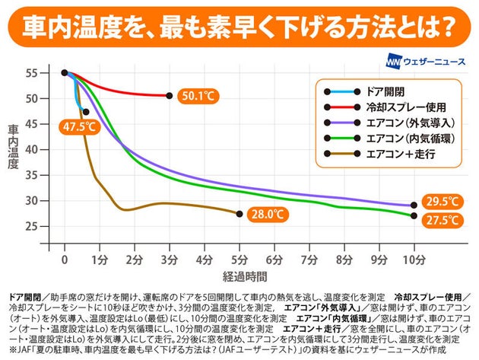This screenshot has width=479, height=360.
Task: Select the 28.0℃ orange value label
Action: tap(267, 215)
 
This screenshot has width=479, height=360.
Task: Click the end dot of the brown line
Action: tap(239, 214)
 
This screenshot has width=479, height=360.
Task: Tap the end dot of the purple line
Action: tap(414, 205)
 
